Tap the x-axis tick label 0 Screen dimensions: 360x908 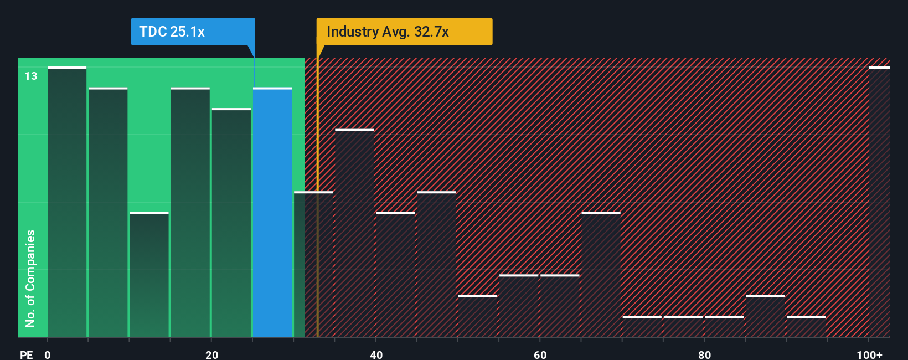click(x=48, y=354)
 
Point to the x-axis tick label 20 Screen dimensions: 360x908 click(x=211, y=354)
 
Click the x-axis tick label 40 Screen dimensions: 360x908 click(x=376, y=354)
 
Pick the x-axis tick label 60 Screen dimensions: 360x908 click(x=540, y=354)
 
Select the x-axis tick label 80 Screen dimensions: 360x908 click(x=704, y=354)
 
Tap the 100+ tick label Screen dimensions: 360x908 click(x=869, y=354)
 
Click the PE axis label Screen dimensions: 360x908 click(x=26, y=354)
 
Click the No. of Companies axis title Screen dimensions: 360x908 click(x=30, y=278)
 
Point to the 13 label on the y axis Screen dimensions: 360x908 click(x=31, y=76)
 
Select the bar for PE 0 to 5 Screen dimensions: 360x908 click(x=67, y=202)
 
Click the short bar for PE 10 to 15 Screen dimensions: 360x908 click(x=149, y=275)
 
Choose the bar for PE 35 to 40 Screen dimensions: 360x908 click(x=354, y=233)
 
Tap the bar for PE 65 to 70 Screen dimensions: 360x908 click(x=601, y=275)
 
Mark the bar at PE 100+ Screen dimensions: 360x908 click(x=879, y=202)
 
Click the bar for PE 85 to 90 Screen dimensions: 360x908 click(x=765, y=316)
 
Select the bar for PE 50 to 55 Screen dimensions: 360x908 click(x=478, y=316)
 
